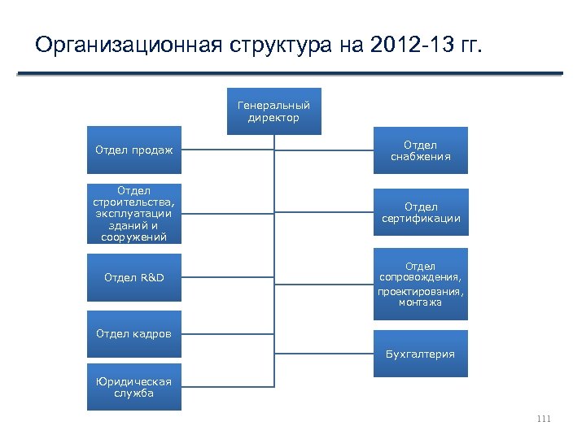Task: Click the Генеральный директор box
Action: pyautogui.click(x=273, y=111)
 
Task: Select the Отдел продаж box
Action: pyautogui.click(x=134, y=150)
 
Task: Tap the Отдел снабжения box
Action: pyautogui.click(x=421, y=150)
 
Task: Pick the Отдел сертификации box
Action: pyautogui.click(x=421, y=212)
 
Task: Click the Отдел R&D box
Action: pyautogui.click(x=134, y=278)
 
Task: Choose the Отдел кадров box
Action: pyautogui.click(x=134, y=333)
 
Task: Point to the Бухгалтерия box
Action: pyautogui.click(x=421, y=354)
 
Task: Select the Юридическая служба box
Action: pyautogui.click(x=134, y=387)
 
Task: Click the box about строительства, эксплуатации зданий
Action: pyautogui.click(x=134, y=212)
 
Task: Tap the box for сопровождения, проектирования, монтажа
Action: pyautogui.click(x=421, y=284)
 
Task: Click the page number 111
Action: pyautogui.click(x=544, y=419)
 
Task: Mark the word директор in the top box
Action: pyautogui.click(x=273, y=118)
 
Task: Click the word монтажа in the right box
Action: pyautogui.click(x=421, y=302)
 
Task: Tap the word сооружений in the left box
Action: pyautogui.click(x=134, y=237)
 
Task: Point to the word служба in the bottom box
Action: pyautogui.click(x=134, y=393)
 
